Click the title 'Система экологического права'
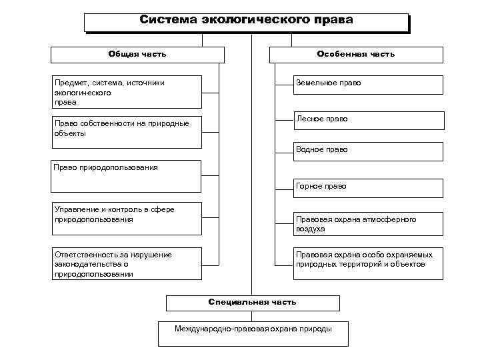[x=246, y=21]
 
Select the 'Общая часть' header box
[x=137, y=54]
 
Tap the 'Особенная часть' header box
[x=356, y=54]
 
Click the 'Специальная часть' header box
[x=252, y=303]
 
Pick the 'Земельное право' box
[x=368, y=84]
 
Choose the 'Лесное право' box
[x=368, y=119]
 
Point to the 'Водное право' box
[x=368, y=151]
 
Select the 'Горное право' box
[x=368, y=187]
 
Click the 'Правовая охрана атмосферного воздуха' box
[x=368, y=224]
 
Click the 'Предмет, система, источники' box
[x=127, y=92]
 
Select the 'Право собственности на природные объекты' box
[x=127, y=129]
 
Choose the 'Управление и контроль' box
[x=127, y=219]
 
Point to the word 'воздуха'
[x=311, y=229]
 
